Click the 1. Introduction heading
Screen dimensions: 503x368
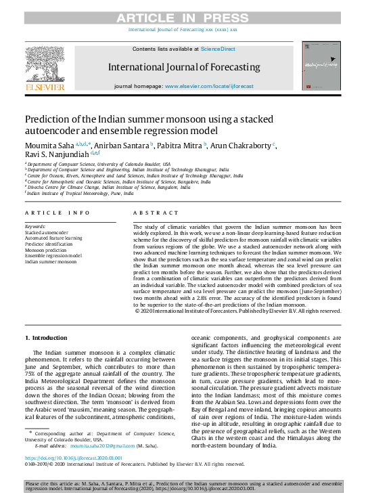[x=46, y=337]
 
